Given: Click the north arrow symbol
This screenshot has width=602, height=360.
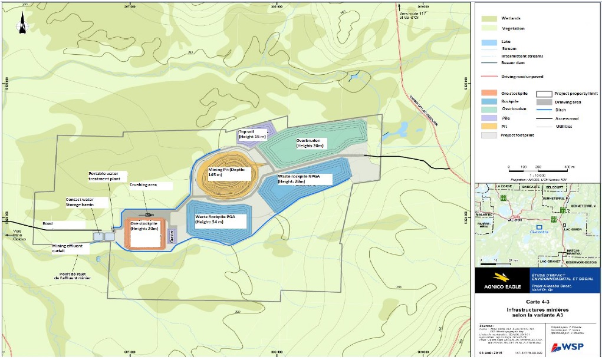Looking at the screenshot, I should click(x=22, y=24).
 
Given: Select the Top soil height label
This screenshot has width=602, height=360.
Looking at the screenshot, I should click(x=252, y=134).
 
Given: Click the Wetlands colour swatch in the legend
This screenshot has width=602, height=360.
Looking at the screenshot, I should click(x=488, y=18).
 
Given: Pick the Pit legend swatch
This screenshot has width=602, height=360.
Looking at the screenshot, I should click(x=488, y=125).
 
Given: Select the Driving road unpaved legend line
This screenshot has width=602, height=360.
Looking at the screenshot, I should click(x=488, y=77).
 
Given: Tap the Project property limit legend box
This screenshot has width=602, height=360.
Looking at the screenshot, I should click(x=544, y=94).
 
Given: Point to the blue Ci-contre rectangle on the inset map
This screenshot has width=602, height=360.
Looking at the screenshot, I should click(x=538, y=226).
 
